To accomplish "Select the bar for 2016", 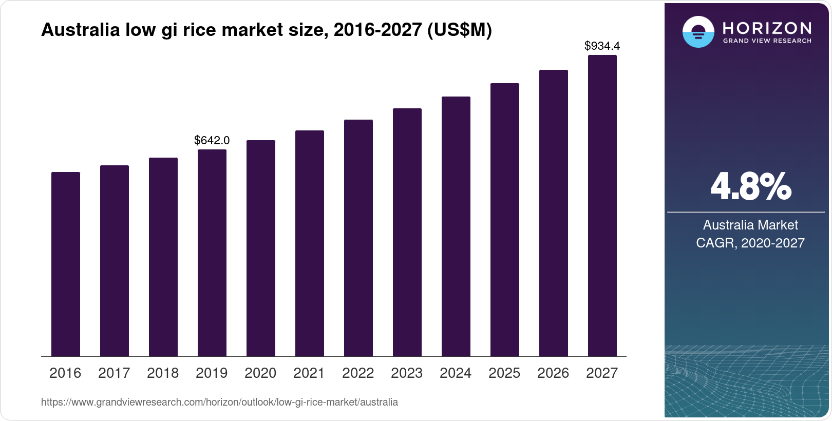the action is coord(66,264).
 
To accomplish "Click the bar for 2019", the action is coord(212,253).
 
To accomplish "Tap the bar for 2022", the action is coord(358,238).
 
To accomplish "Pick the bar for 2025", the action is coord(505,220).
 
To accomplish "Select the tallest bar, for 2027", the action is coord(602,205).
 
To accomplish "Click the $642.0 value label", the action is coord(212,140).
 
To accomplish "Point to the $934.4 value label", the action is coord(602,46).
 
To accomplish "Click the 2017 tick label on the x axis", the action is coord(114,373).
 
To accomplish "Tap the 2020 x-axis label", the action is coord(260,373).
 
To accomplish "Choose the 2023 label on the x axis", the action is coord(407,373).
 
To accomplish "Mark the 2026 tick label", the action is coord(553,373).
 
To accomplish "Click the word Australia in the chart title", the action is coord(80,30).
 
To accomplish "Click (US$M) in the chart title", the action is coord(460,30).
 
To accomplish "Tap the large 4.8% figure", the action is coord(750,186).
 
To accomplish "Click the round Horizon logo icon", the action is coord(698,32).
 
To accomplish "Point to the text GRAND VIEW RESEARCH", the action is coord(767,41).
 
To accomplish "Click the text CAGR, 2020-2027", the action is coord(750,243).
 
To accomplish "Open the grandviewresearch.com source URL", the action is coord(219,402).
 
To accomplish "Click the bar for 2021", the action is coord(310,243).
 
